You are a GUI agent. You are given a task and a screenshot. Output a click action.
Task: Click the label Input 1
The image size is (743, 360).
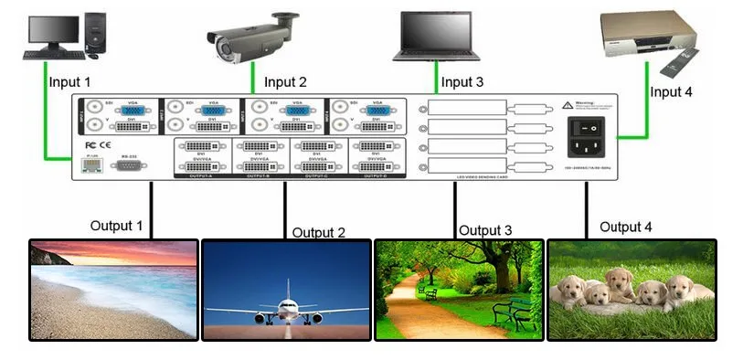(70, 82)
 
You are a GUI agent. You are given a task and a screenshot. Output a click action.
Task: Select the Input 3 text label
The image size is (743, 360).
(462, 82)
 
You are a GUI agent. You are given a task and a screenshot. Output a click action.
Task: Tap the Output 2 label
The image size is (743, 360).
(319, 233)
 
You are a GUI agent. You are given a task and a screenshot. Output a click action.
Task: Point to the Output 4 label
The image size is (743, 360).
(625, 227)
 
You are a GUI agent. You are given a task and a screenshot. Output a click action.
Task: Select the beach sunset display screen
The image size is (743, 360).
(113, 290)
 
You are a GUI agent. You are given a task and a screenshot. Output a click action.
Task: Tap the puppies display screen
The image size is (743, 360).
(632, 290)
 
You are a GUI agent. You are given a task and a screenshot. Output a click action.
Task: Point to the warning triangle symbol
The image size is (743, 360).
(568, 104)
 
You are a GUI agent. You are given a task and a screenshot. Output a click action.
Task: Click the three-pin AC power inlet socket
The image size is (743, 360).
(585, 149)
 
